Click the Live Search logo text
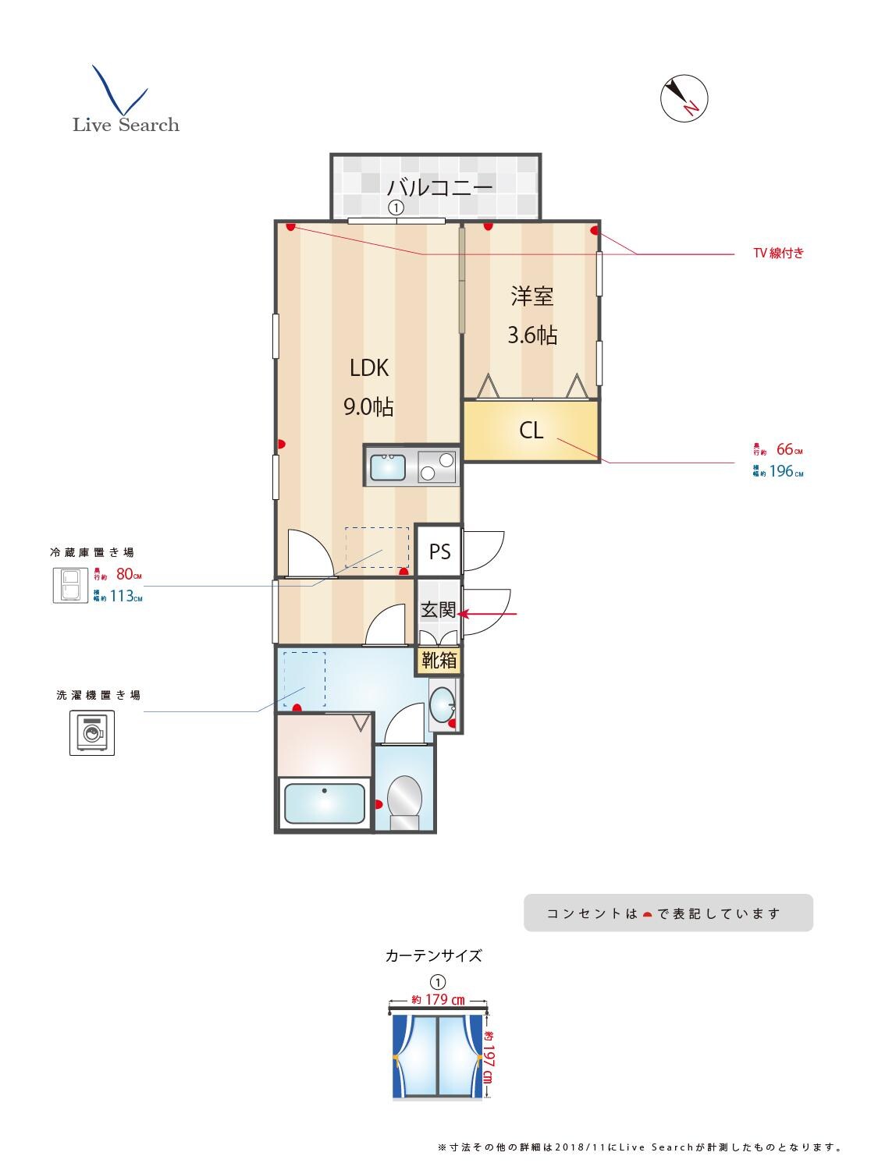pos(126,125)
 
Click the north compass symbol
pos(684,99)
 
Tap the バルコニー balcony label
pos(440,187)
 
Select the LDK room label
pos(368,368)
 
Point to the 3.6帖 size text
pos(532,335)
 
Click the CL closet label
pos(531,431)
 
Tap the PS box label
pos(439,551)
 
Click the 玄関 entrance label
pos(438,610)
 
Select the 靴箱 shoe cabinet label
pos(439,660)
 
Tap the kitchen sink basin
pos(387,467)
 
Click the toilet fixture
pos(404,799)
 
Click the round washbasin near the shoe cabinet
pos(443,707)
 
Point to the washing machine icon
pos(92,733)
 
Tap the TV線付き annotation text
pos(777,253)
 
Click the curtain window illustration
pos(438,1055)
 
